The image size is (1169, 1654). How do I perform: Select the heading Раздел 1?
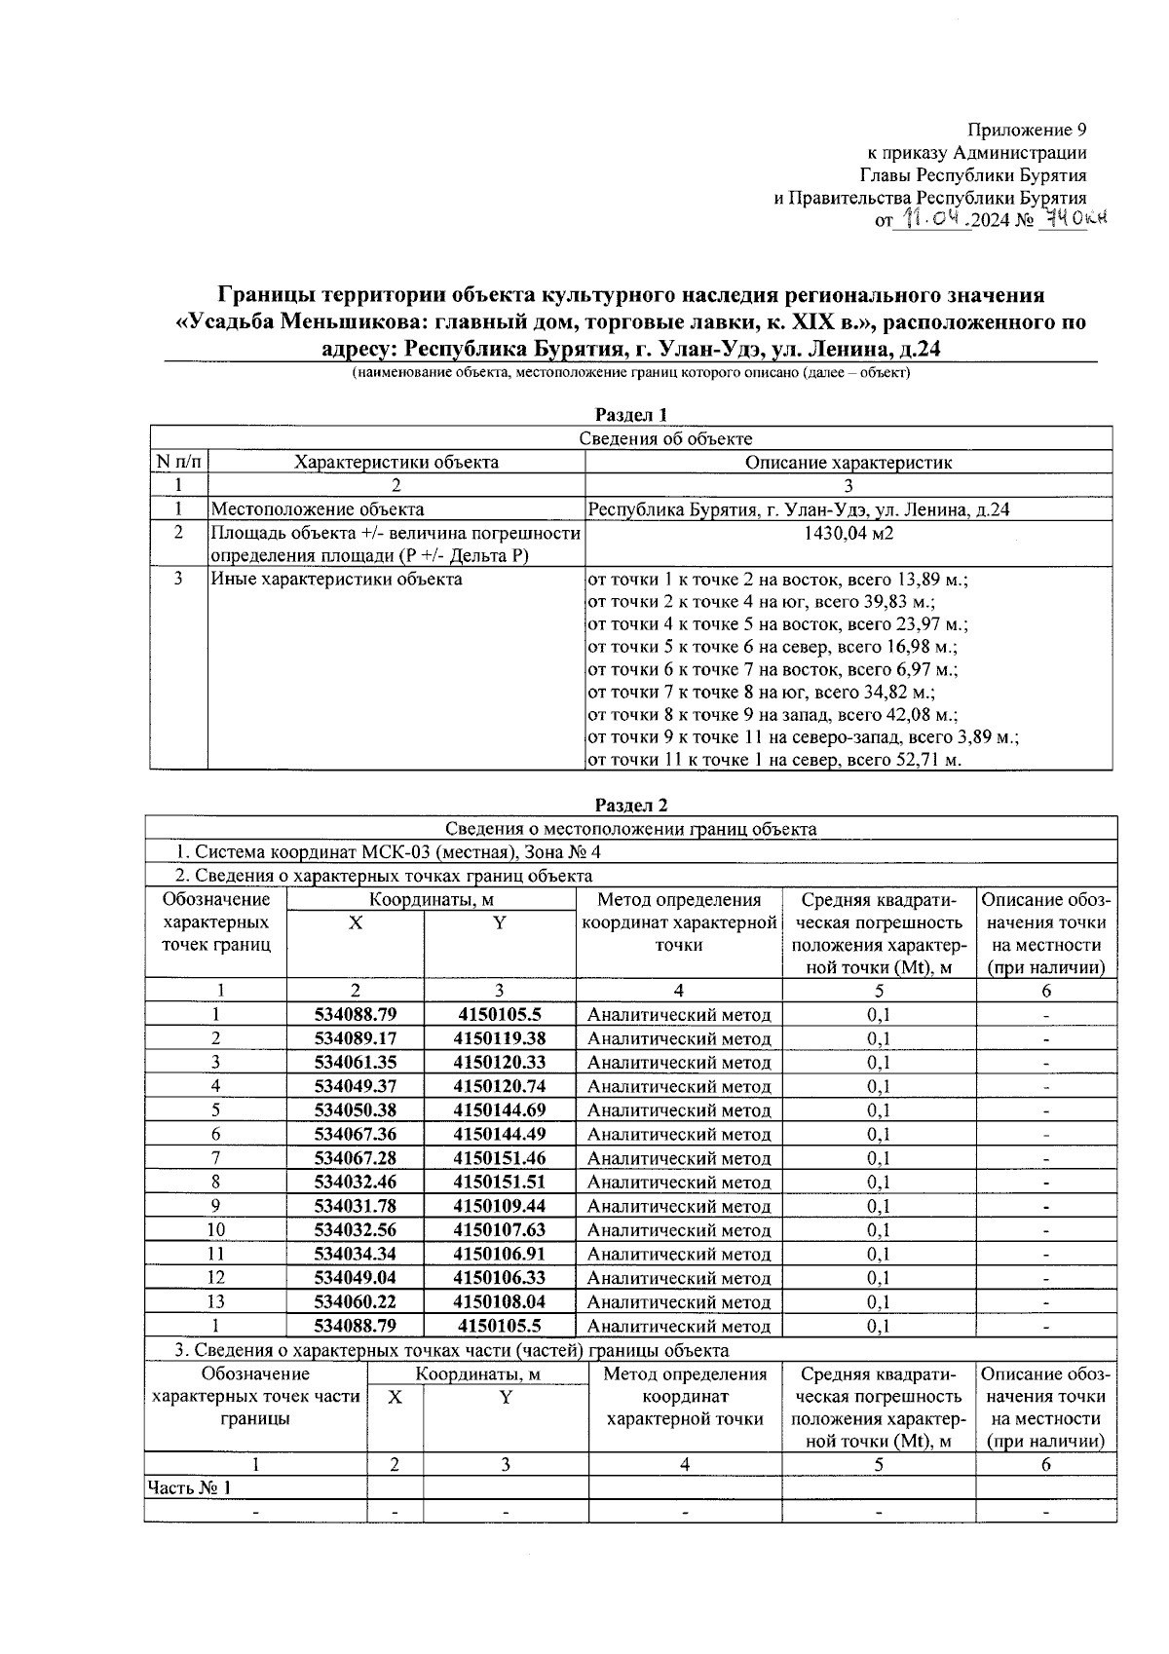tap(631, 416)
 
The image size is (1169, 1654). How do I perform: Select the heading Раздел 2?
tap(631, 806)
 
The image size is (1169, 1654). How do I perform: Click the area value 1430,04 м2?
tap(848, 534)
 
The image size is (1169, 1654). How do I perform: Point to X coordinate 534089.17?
tap(356, 1038)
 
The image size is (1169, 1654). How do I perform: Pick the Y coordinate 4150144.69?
tap(500, 1110)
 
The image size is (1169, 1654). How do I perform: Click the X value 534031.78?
tap(356, 1206)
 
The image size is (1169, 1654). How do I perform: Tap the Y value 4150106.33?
tap(500, 1277)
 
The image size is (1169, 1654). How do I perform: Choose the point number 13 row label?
tap(215, 1301)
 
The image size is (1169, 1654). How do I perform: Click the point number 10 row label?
tap(215, 1229)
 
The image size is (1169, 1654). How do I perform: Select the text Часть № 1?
tap(190, 1487)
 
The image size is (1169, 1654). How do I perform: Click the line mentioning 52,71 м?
tap(774, 760)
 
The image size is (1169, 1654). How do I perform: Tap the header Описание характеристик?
tap(848, 463)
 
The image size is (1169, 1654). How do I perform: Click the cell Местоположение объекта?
tap(318, 509)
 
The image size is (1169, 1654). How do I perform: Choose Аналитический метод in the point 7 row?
tap(679, 1158)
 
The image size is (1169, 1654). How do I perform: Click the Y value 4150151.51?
tap(500, 1182)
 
